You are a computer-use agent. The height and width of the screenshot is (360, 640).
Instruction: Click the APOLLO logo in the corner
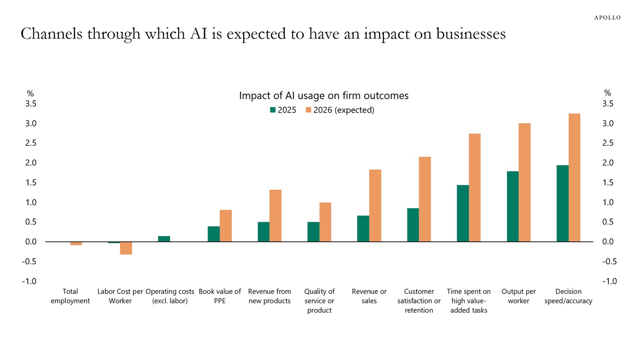pyautogui.click(x=607, y=17)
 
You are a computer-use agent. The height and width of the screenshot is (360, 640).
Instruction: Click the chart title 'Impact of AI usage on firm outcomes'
pyautogui.click(x=324, y=96)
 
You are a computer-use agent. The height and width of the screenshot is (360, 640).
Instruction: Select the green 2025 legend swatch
pyautogui.click(x=273, y=110)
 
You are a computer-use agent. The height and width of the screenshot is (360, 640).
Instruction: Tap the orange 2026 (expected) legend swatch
pyautogui.click(x=308, y=110)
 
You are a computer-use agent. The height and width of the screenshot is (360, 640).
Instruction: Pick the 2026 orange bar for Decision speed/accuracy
pyautogui.click(x=574, y=178)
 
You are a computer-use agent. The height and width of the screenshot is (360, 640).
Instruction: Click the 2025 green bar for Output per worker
pyautogui.click(x=513, y=207)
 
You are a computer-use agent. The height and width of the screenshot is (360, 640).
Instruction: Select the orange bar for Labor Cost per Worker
pyautogui.click(x=126, y=248)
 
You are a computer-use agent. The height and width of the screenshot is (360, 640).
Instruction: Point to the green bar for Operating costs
pyautogui.click(x=164, y=239)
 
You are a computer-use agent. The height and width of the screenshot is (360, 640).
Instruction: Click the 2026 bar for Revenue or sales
pyautogui.click(x=375, y=206)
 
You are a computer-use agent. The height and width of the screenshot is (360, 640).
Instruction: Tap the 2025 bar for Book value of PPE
pyautogui.click(x=214, y=234)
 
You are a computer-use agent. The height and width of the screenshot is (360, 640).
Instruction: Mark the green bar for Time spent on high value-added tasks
pyautogui.click(x=463, y=213)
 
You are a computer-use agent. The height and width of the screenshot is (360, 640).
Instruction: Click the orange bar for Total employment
pyautogui.click(x=76, y=243)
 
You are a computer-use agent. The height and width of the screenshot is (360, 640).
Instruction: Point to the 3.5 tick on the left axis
pyautogui.click(x=31, y=104)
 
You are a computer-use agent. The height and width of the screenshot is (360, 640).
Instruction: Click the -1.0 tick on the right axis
pyautogui.click(x=610, y=281)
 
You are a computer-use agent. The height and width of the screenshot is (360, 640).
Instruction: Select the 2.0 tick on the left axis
pyautogui.click(x=31, y=163)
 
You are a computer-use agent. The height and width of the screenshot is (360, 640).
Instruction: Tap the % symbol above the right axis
pyautogui.click(x=608, y=93)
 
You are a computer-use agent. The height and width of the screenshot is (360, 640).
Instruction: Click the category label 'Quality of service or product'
pyautogui.click(x=320, y=301)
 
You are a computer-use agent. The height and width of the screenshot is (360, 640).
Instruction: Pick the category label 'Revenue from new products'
pyautogui.click(x=269, y=296)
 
